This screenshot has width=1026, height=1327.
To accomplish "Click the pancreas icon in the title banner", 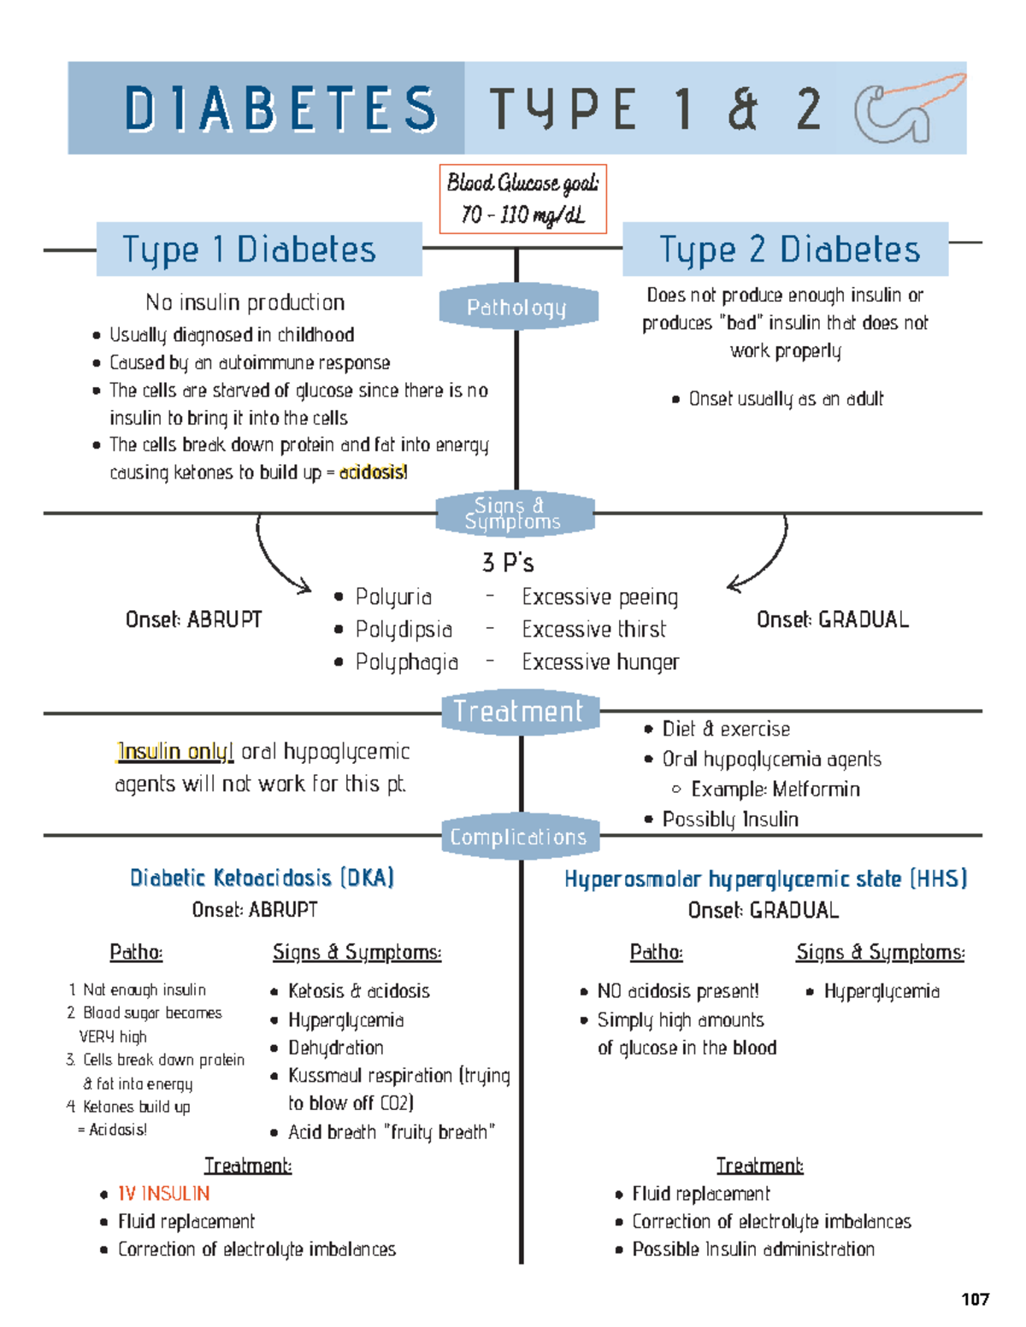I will tap(908, 109).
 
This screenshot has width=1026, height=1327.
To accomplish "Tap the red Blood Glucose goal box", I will tap(522, 199).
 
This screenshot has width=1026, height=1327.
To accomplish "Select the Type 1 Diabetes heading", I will tap(249, 250).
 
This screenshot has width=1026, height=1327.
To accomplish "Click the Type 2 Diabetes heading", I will tap(789, 250).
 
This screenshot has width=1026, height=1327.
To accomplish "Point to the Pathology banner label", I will tap(516, 307).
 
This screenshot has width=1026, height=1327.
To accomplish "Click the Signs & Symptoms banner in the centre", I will tap(513, 514).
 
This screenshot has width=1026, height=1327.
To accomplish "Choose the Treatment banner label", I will tap(518, 711).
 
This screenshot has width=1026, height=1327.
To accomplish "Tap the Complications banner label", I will tap(518, 837).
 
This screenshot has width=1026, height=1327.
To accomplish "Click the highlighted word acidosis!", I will tap(373, 473).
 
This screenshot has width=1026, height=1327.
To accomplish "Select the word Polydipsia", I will tap(404, 630).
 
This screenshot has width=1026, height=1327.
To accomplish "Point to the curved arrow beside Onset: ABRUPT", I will tap(278, 560).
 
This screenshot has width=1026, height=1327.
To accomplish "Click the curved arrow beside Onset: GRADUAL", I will tap(764, 560).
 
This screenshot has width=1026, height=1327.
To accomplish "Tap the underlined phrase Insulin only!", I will tap(175, 751).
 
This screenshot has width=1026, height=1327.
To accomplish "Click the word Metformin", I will tap(817, 789).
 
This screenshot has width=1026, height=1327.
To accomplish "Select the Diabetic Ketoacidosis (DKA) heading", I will tap(262, 878).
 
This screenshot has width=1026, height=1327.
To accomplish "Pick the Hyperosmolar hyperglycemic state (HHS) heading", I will tap(765, 878).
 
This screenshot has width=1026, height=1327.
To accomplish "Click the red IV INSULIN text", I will tap(163, 1193).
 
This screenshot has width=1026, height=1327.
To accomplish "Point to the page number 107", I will tap(975, 1300).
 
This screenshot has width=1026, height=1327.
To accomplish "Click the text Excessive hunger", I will tap(600, 662).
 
